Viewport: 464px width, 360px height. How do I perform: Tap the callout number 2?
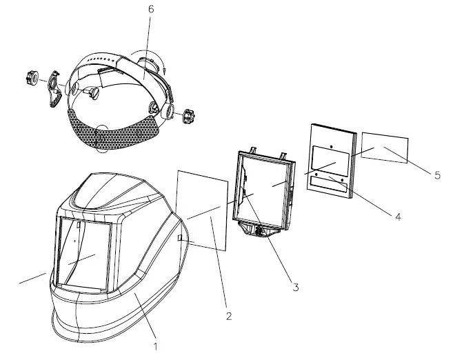tap(229, 317)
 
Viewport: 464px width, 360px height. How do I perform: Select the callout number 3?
tap(295, 287)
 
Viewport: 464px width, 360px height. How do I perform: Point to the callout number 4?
tap(397, 216)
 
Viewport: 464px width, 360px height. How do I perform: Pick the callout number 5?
tap(437, 176)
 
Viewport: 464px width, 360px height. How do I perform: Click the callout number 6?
tap(151, 9)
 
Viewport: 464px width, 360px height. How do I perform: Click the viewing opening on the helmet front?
tap(83, 252)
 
